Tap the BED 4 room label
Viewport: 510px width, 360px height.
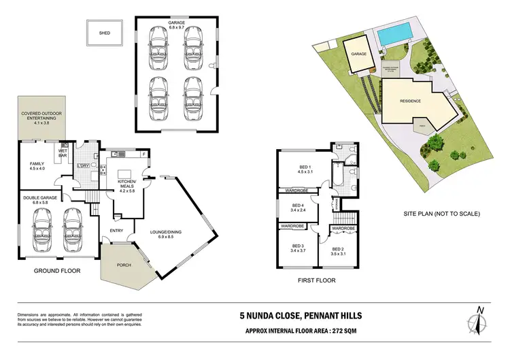tap(296, 208)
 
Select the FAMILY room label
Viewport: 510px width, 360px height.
tap(37, 166)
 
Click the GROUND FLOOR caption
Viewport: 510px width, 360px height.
tap(58, 271)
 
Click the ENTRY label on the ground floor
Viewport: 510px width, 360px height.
tap(116, 231)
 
